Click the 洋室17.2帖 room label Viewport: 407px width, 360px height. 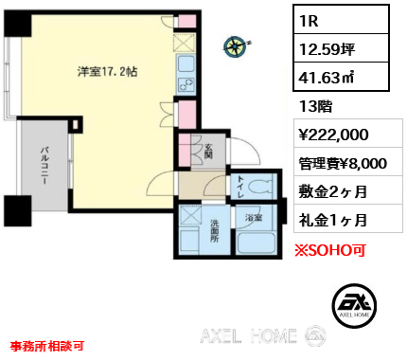pyautogui.click(x=108, y=72)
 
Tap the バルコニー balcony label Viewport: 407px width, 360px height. pyautogui.click(x=44, y=166)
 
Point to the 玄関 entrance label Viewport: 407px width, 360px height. pyautogui.click(x=208, y=151)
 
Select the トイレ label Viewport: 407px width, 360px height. pyautogui.click(x=240, y=187)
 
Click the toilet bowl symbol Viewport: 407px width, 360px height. pyautogui.click(x=261, y=187)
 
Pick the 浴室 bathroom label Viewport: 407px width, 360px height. pyautogui.click(x=254, y=217)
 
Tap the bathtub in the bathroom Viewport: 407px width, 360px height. pyautogui.click(x=257, y=243)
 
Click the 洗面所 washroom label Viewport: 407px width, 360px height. pyautogui.click(x=215, y=231)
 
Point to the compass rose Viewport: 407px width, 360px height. pyautogui.click(x=236, y=47)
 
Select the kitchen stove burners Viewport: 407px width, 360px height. pyautogui.click(x=186, y=84)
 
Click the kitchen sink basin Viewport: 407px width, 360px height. pyautogui.click(x=186, y=64)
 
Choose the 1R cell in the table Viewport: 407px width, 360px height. pyautogui.click(x=341, y=20)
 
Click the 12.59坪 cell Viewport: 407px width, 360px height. pyautogui.click(x=341, y=48)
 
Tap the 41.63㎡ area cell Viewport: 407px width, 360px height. pyautogui.click(x=341, y=77)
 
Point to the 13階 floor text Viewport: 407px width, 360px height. pyautogui.click(x=315, y=106)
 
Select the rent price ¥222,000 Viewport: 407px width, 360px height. pyautogui.click(x=334, y=135)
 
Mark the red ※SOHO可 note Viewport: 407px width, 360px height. pyautogui.click(x=330, y=250)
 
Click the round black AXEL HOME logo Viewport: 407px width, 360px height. pyautogui.click(x=354, y=305)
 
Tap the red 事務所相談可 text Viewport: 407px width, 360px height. pyautogui.click(x=47, y=346)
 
